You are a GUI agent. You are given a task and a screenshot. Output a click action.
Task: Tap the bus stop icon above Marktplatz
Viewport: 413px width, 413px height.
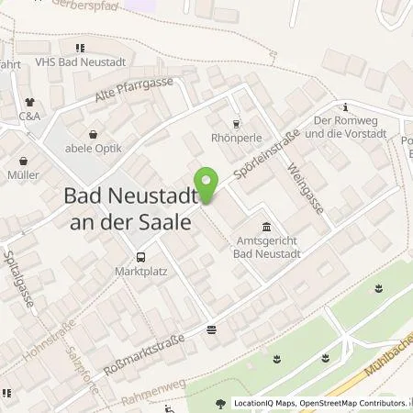[140, 257]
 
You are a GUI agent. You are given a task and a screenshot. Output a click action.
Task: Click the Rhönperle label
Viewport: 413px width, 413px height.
[237, 140]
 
